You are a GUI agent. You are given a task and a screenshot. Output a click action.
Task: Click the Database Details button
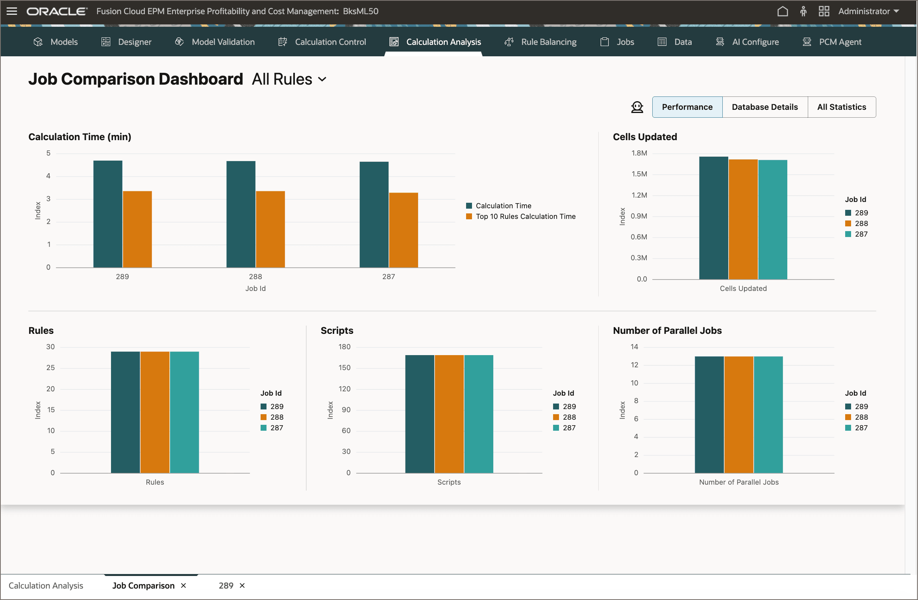pyautogui.click(x=764, y=107)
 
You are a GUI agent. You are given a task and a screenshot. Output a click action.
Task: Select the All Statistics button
pyautogui.click(x=841, y=107)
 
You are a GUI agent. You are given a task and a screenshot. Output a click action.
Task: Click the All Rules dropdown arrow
pyautogui.click(x=322, y=80)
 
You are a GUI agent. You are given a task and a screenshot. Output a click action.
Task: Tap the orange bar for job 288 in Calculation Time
pyautogui.click(x=270, y=229)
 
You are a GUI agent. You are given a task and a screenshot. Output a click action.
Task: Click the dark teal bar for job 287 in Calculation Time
pyautogui.click(x=374, y=215)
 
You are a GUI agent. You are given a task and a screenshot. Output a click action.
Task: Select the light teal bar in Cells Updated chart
pyautogui.click(x=772, y=219)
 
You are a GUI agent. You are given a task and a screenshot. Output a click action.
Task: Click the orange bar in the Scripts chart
pyautogui.click(x=449, y=414)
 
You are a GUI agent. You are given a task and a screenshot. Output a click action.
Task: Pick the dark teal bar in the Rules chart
pyautogui.click(x=125, y=412)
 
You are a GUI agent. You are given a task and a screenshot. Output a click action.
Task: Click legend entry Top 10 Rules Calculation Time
pyautogui.click(x=525, y=217)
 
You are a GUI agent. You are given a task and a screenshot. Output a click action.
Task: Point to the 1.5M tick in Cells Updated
pyautogui.click(x=639, y=174)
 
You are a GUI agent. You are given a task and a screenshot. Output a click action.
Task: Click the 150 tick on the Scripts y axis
pyautogui.click(x=344, y=368)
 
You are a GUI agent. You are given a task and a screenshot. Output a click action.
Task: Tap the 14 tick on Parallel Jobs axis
pyautogui.click(x=634, y=347)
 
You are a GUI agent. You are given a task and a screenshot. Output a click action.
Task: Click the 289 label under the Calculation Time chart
pyautogui.click(x=122, y=277)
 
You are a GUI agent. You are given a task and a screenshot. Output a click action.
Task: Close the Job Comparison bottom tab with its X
pyautogui.click(x=183, y=586)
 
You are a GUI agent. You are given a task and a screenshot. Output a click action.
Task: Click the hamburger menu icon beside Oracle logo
pyautogui.click(x=12, y=11)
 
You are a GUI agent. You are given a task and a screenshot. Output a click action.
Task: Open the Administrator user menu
pyautogui.click(x=868, y=11)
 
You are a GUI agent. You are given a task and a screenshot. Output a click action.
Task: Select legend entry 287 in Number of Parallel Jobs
pyautogui.click(x=861, y=428)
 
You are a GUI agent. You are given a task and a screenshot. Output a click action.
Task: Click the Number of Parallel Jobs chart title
pyautogui.click(x=667, y=331)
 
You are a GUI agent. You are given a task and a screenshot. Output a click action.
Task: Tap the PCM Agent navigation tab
pyautogui.click(x=840, y=42)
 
